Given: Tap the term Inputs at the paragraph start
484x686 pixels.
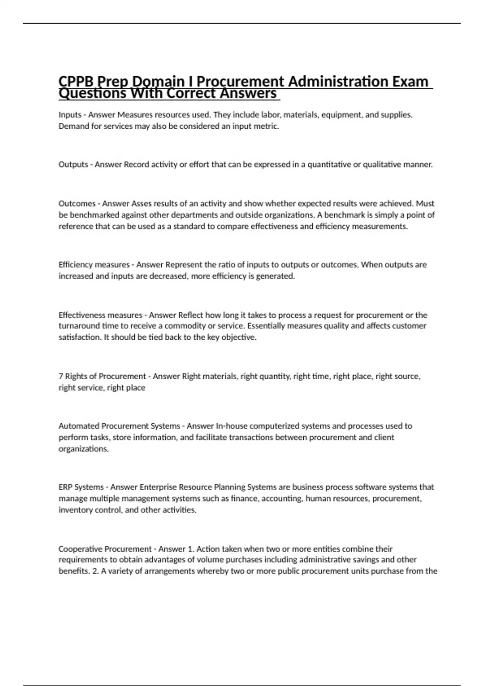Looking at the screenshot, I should (x=70, y=115).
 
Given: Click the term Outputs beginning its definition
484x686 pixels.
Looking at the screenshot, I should (x=73, y=165).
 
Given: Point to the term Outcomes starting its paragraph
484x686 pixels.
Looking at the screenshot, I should (x=77, y=203).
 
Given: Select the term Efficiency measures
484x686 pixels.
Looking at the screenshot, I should (x=94, y=265).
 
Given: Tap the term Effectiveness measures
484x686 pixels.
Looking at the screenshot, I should (x=100, y=315).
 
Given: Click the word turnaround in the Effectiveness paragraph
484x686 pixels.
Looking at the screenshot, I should (x=78, y=326).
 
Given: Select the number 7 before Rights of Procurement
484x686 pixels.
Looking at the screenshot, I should (x=60, y=376).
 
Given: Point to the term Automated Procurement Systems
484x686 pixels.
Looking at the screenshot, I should (x=119, y=426).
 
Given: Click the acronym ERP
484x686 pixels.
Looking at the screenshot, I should (x=66, y=487).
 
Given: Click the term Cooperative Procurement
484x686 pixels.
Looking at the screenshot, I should (x=105, y=549).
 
